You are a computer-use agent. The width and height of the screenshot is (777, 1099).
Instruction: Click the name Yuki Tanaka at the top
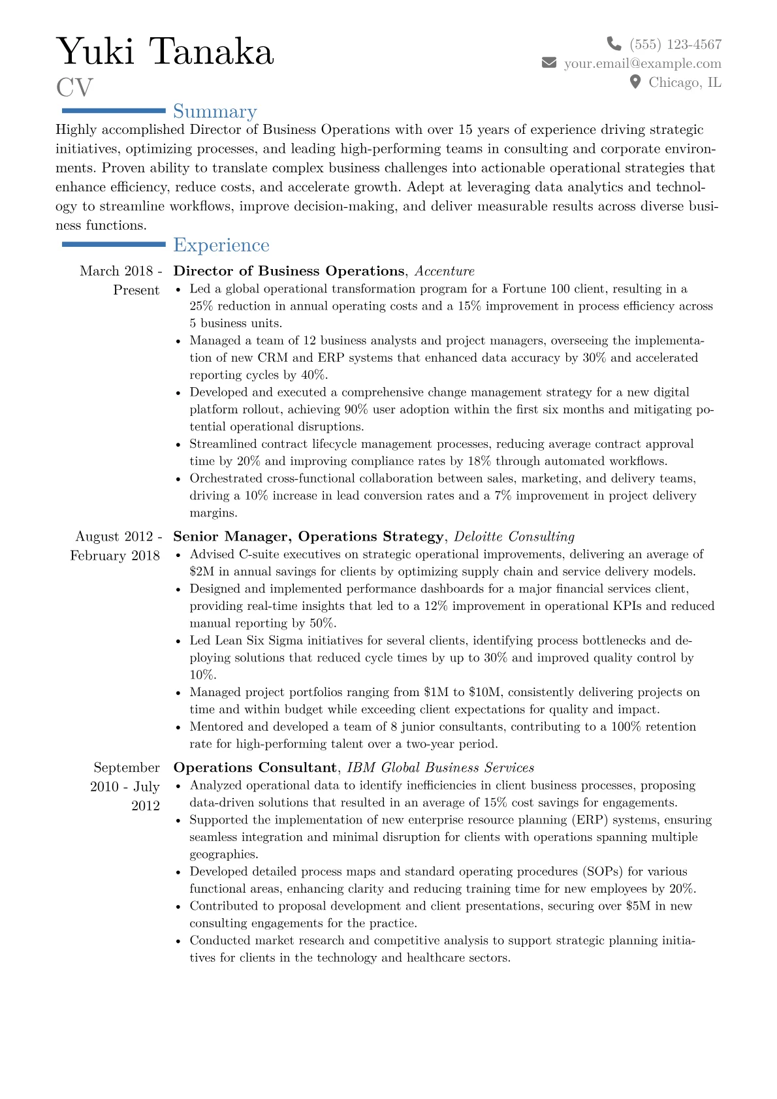165,52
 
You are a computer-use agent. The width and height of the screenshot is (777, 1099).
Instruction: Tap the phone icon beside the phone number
614,44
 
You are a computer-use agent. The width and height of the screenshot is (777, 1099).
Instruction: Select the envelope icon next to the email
549,63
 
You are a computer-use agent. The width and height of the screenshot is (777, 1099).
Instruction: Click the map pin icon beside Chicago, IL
635,82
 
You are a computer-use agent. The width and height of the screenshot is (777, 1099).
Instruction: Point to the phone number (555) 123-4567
675,44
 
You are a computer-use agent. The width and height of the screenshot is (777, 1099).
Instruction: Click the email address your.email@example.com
642,63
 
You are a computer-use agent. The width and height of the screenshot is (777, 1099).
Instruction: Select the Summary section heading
215,112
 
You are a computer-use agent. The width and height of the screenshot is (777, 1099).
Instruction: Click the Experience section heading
221,246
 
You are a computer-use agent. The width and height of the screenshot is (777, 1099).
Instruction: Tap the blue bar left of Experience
114,244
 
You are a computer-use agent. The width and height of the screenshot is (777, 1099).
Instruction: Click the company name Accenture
445,271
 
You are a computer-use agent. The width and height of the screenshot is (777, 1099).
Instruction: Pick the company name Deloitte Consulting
514,537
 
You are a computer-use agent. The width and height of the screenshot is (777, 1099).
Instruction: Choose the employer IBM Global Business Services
440,768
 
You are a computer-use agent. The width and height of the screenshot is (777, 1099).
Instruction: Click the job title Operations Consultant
255,768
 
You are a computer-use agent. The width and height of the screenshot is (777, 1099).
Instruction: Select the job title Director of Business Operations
289,271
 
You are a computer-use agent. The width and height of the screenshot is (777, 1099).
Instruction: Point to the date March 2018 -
121,271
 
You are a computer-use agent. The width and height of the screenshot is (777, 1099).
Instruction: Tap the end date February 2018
115,556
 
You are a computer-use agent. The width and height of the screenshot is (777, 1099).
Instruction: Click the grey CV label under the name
74,88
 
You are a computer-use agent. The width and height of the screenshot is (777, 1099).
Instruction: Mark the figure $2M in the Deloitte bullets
202,572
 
